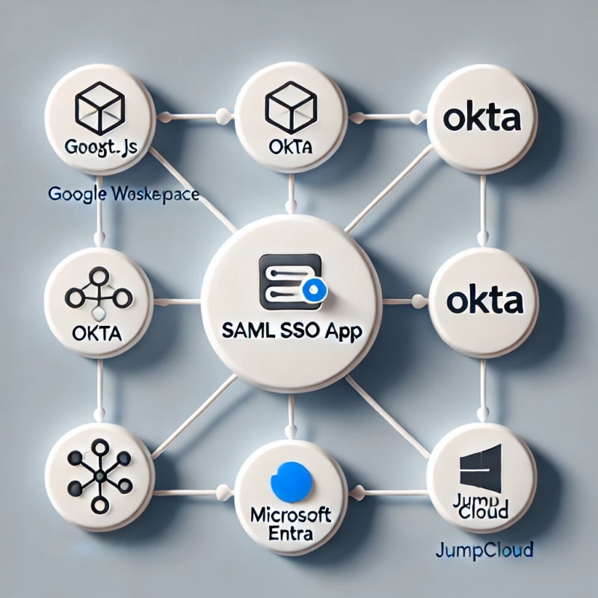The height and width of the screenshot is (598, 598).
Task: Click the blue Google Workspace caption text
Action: point(123,194)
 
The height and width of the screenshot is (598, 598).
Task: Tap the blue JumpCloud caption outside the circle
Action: point(484,552)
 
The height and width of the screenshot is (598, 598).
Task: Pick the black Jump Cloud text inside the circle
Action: point(481,506)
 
